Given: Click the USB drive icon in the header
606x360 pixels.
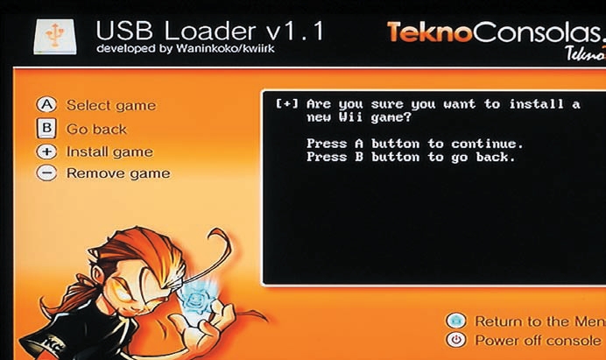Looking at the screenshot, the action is pos(54,37).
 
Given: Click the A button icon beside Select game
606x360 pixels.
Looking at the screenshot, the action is pos(46,105).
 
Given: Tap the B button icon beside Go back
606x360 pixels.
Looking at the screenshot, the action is pos(46,129).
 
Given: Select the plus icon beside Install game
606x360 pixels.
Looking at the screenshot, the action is pos(46,152).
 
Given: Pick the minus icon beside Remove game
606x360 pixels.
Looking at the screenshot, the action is pos(46,173).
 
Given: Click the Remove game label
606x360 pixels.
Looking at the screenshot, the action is pos(118,173).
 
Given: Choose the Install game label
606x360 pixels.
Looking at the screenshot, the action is pos(109,152).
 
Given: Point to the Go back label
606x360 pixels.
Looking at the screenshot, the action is pos(96,129).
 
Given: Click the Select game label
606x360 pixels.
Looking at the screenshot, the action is pos(111,106).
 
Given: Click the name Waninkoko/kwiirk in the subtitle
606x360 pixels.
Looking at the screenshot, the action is pos(225,49).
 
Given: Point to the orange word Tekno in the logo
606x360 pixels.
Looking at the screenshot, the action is pos(429,32).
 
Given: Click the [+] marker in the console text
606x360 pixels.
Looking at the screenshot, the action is pos(286,103).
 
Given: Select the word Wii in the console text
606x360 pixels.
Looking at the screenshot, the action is pos(350,116).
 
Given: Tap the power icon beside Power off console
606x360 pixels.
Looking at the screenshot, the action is pos(456,340).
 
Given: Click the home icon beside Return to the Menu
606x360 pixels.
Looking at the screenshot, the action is pos(456,321).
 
